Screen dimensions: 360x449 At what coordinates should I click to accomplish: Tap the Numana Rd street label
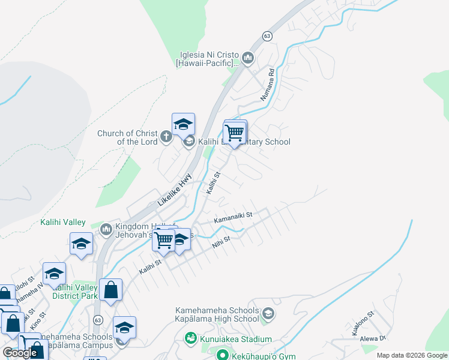(x=267, y=84)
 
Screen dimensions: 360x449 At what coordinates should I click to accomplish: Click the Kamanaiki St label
(x=234, y=217)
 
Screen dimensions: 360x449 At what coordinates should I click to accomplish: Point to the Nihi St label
(x=221, y=241)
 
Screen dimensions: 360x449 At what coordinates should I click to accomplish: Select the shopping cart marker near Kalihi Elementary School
(x=234, y=133)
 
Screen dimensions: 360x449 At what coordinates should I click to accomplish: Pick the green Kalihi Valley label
(x=63, y=222)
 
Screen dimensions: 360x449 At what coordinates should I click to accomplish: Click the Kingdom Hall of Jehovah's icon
(x=106, y=229)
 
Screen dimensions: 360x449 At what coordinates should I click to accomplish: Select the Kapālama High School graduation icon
(x=268, y=314)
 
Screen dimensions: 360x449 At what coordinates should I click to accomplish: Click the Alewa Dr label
(x=373, y=339)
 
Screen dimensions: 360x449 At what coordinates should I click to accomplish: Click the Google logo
(x=20, y=353)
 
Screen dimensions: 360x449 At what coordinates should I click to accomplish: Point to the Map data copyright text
(x=411, y=355)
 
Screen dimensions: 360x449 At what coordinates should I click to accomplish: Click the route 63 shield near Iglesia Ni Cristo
(x=267, y=36)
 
